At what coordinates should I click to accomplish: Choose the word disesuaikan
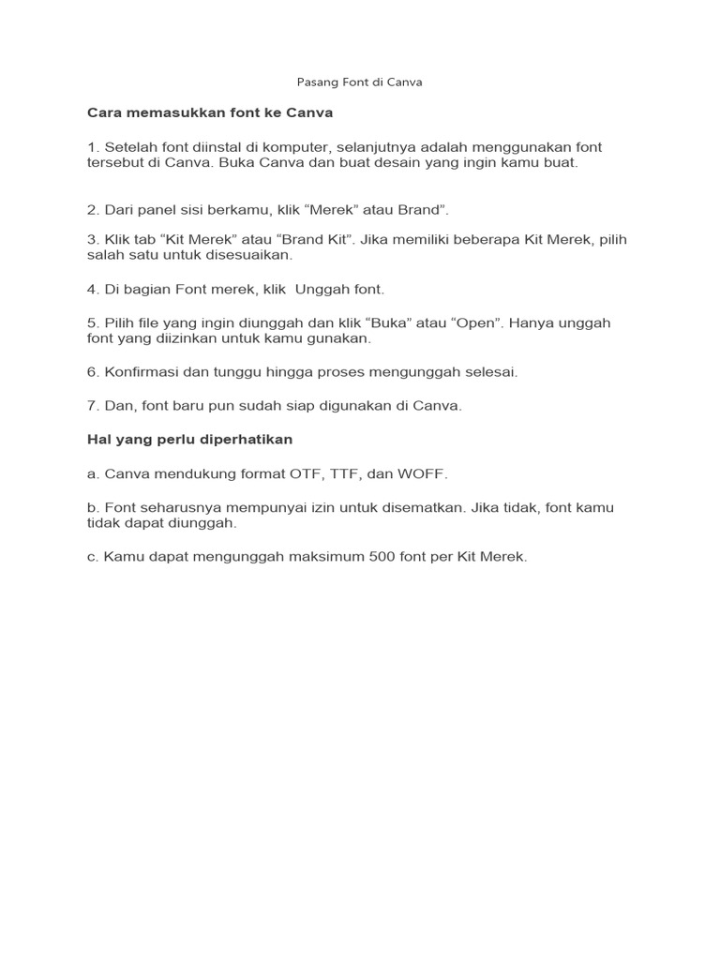tap(249, 254)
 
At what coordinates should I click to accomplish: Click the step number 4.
tap(91, 289)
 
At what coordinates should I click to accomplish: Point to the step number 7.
tap(91, 406)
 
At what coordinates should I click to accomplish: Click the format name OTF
tap(305, 474)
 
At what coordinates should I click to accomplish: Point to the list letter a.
tap(92, 474)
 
